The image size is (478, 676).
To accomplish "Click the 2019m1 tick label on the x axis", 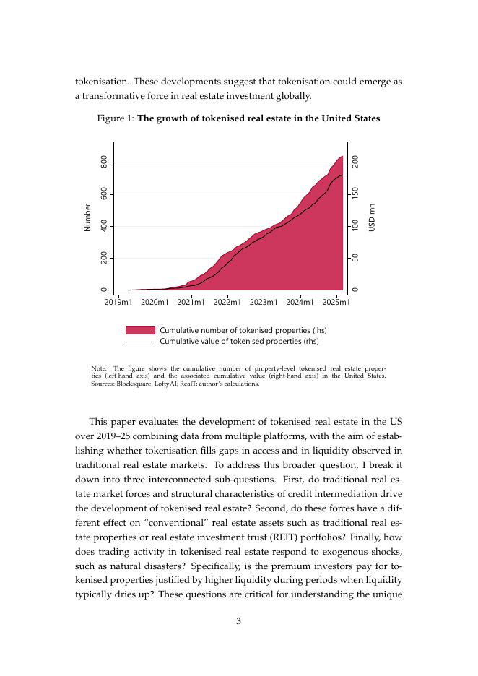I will pos(118,302).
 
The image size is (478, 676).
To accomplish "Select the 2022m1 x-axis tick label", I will pos(227,302).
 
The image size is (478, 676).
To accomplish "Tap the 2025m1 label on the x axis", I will pos(336,302).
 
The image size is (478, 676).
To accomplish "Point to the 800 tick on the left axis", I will pos(105,162).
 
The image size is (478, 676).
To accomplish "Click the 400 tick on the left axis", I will pos(105,226).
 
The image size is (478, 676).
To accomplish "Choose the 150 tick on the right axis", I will pos(355,194).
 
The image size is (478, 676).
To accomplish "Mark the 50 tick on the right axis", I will pos(355,258).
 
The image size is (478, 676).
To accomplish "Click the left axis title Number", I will pos(88,217).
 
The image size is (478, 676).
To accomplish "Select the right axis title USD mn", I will pos(373,217).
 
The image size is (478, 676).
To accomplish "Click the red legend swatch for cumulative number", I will pos(140,331).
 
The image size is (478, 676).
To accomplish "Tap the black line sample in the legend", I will pos(140,342).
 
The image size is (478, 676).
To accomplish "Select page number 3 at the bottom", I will pos(238,619).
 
